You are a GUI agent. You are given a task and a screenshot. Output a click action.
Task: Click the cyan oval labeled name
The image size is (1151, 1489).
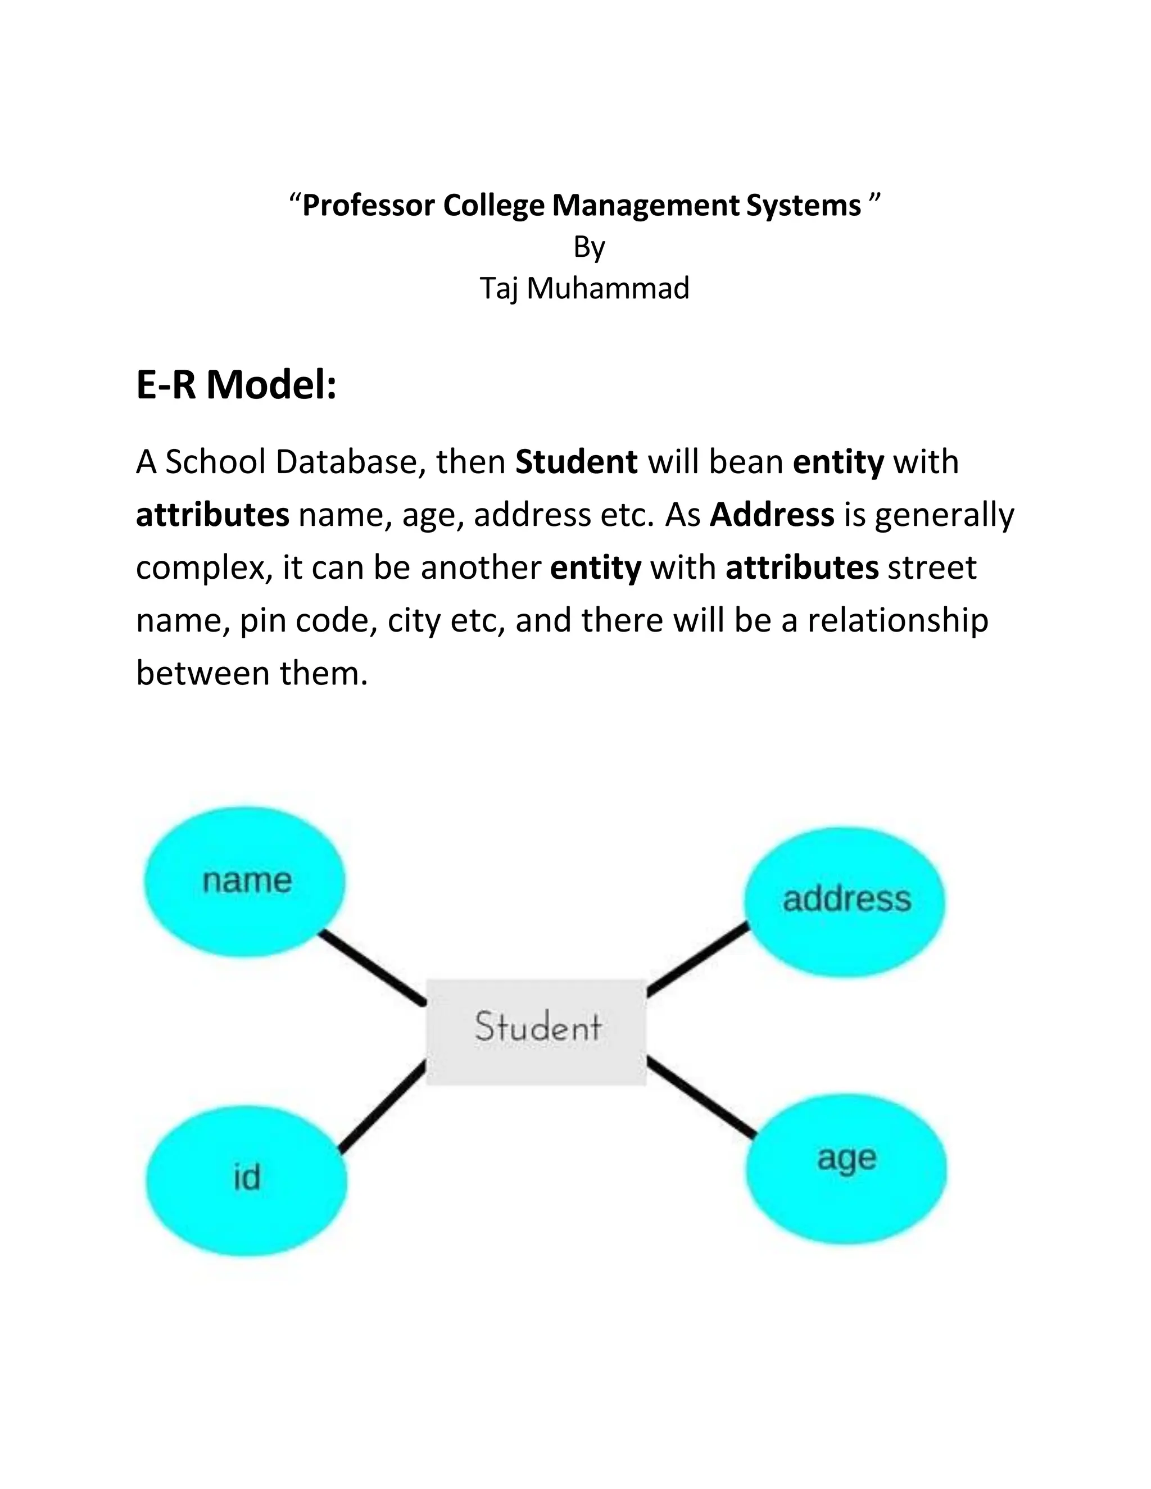click(x=244, y=881)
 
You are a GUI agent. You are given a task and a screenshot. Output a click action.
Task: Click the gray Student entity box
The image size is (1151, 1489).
click(x=536, y=1032)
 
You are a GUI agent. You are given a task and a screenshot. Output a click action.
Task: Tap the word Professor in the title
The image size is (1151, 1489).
click(x=368, y=206)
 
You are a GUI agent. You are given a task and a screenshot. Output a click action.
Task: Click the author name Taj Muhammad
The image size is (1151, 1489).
click(x=584, y=288)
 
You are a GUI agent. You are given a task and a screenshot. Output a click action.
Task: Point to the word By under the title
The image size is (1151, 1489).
click(x=589, y=247)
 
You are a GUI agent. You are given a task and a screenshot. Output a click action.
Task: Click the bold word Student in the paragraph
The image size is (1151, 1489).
click(x=576, y=462)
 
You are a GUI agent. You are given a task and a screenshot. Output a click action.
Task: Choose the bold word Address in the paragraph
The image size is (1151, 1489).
click(x=772, y=515)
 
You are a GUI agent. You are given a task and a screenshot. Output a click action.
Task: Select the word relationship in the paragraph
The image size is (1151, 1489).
click(x=898, y=620)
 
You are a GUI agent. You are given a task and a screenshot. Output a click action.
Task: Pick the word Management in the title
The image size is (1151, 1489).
click(x=645, y=206)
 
